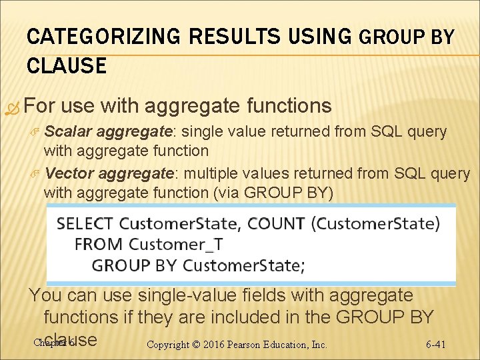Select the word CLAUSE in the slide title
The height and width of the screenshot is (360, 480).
point(67,65)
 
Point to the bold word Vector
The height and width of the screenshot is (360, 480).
point(66,173)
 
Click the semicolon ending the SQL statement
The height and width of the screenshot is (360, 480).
point(303,265)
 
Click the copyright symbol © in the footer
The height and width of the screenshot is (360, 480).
point(195,345)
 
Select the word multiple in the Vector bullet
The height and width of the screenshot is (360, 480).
point(212,173)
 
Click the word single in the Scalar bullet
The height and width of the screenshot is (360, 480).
point(206,132)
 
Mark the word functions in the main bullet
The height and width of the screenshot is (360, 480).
point(289,105)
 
